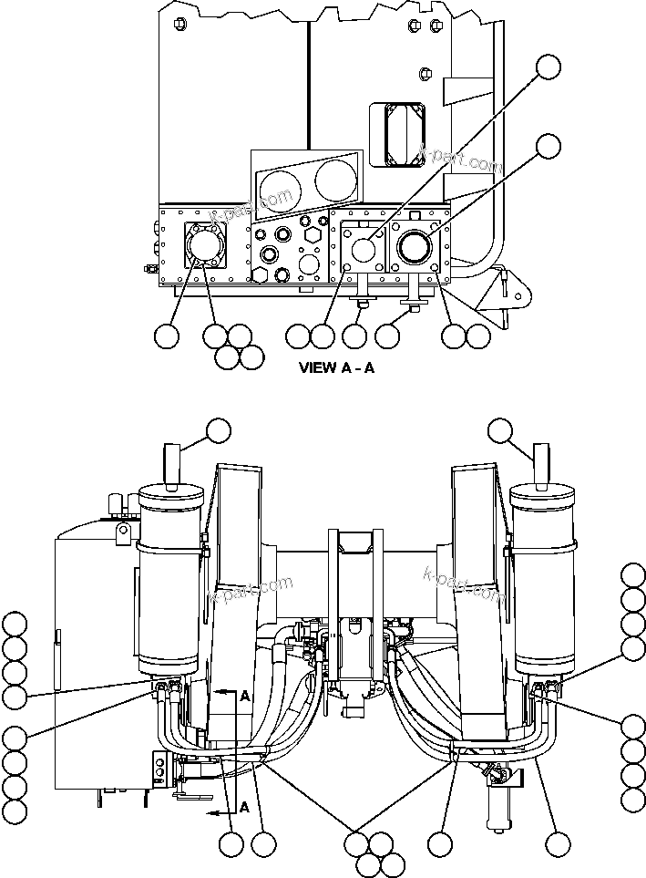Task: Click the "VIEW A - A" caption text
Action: pos(337,368)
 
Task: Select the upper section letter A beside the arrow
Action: pos(244,696)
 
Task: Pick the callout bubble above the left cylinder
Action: pos(219,432)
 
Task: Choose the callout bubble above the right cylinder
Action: pos(501,432)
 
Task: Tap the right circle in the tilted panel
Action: pos(336,179)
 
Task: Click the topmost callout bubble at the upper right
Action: pos(548,67)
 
